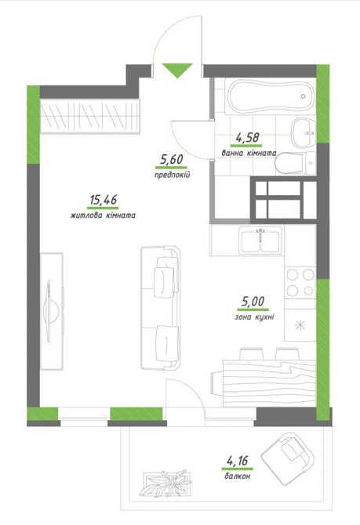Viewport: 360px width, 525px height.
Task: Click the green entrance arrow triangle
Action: click(x=177, y=69)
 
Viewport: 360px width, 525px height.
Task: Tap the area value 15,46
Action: click(x=103, y=200)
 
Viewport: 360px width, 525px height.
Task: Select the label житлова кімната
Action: click(x=103, y=215)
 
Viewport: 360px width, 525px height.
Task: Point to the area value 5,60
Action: click(x=171, y=159)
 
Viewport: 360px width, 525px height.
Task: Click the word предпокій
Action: click(x=173, y=175)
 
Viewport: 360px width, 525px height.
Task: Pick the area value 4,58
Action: click(x=248, y=137)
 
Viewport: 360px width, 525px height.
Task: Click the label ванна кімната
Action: click(x=249, y=153)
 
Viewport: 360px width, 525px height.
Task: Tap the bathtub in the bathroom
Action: click(x=271, y=96)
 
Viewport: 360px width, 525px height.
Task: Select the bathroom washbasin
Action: click(x=304, y=133)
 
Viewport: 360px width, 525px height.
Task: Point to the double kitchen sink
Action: click(x=260, y=241)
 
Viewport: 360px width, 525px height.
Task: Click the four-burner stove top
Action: click(x=300, y=283)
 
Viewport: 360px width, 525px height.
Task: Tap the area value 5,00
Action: click(x=253, y=302)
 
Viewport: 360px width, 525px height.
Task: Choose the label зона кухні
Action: click(x=254, y=317)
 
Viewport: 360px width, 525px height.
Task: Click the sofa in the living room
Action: click(x=161, y=308)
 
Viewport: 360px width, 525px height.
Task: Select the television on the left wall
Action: click(x=52, y=311)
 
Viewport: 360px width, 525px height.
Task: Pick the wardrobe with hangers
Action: click(x=89, y=116)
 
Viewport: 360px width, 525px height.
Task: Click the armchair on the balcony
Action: click(x=288, y=458)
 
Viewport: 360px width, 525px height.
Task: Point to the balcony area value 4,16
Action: click(x=238, y=461)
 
